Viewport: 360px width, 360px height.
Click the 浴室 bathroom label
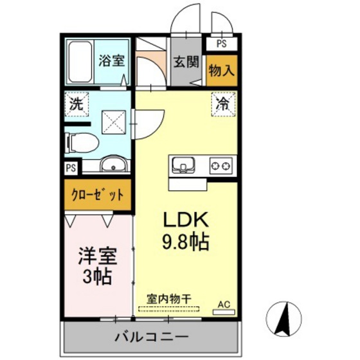coord(111,61)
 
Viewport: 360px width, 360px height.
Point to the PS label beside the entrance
coord(221,44)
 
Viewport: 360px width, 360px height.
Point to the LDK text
coord(186,221)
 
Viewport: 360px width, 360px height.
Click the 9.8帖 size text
coord(186,244)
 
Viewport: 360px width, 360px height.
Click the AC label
coord(224,305)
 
